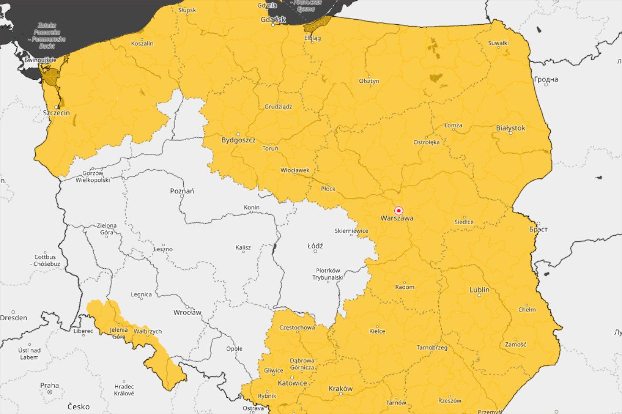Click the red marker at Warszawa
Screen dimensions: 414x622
(399, 211)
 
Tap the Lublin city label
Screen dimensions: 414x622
(479, 290)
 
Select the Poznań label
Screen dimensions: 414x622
(182, 191)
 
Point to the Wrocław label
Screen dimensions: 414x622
(187, 313)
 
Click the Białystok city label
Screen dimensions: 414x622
(511, 128)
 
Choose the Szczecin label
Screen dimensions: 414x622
(56, 113)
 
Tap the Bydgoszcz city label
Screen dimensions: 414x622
(238, 141)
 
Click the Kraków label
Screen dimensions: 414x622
(341, 389)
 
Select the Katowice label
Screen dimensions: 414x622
(292, 383)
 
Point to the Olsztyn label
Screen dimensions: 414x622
(369, 81)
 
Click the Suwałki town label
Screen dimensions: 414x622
(498, 43)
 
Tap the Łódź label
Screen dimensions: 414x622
(315, 246)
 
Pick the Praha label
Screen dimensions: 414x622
(49, 385)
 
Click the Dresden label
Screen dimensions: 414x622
(13, 318)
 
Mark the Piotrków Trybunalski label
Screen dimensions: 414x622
(328, 274)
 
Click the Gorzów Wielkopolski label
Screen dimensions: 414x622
(93, 176)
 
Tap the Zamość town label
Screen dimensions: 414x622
(515, 344)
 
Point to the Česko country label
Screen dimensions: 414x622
(78, 406)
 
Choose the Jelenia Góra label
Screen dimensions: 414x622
(118, 333)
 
